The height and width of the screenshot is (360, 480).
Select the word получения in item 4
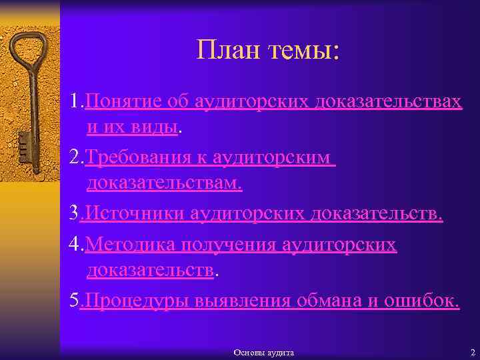tap(231, 245)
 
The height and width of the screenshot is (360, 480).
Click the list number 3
tap(74, 215)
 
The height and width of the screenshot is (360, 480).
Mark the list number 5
tap(74, 301)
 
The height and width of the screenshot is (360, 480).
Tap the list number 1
tap(74, 101)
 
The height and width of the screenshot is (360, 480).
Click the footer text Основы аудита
tap(263, 352)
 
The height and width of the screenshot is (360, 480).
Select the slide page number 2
tap(472, 352)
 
